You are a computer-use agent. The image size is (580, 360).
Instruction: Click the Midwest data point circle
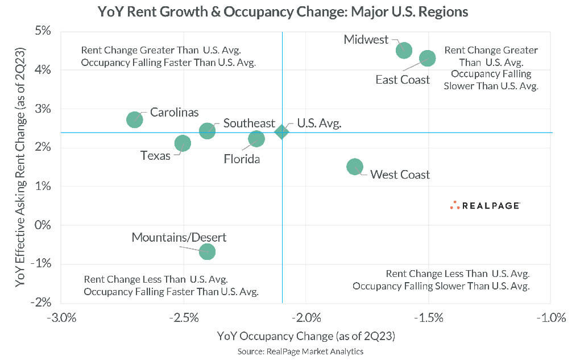[403, 50]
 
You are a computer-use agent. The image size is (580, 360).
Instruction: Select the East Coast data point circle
[428, 58]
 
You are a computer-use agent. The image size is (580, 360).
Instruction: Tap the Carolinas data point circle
[134, 119]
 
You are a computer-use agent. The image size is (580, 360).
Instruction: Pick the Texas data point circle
[183, 143]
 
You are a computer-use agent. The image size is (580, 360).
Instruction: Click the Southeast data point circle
[208, 131]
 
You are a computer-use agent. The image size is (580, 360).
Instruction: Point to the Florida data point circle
[256, 139]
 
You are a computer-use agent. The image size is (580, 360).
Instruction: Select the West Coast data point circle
[354, 167]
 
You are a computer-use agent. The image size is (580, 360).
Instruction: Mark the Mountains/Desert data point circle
[208, 251]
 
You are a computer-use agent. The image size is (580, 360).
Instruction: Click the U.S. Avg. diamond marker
[281, 132]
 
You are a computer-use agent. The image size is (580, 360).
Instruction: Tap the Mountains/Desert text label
[179, 237]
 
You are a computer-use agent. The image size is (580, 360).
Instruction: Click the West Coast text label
[400, 175]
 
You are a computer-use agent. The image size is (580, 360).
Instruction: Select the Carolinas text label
[175, 112]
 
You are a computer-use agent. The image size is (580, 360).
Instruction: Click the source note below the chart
[300, 351]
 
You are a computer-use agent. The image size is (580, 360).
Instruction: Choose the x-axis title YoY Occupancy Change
[306, 336]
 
